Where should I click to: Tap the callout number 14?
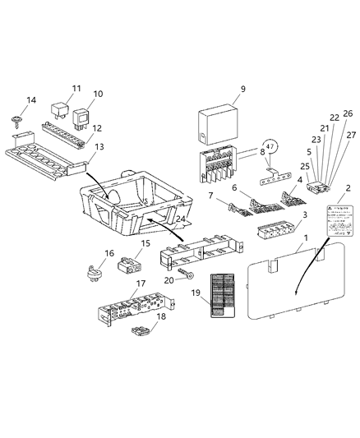[x=32, y=100]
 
